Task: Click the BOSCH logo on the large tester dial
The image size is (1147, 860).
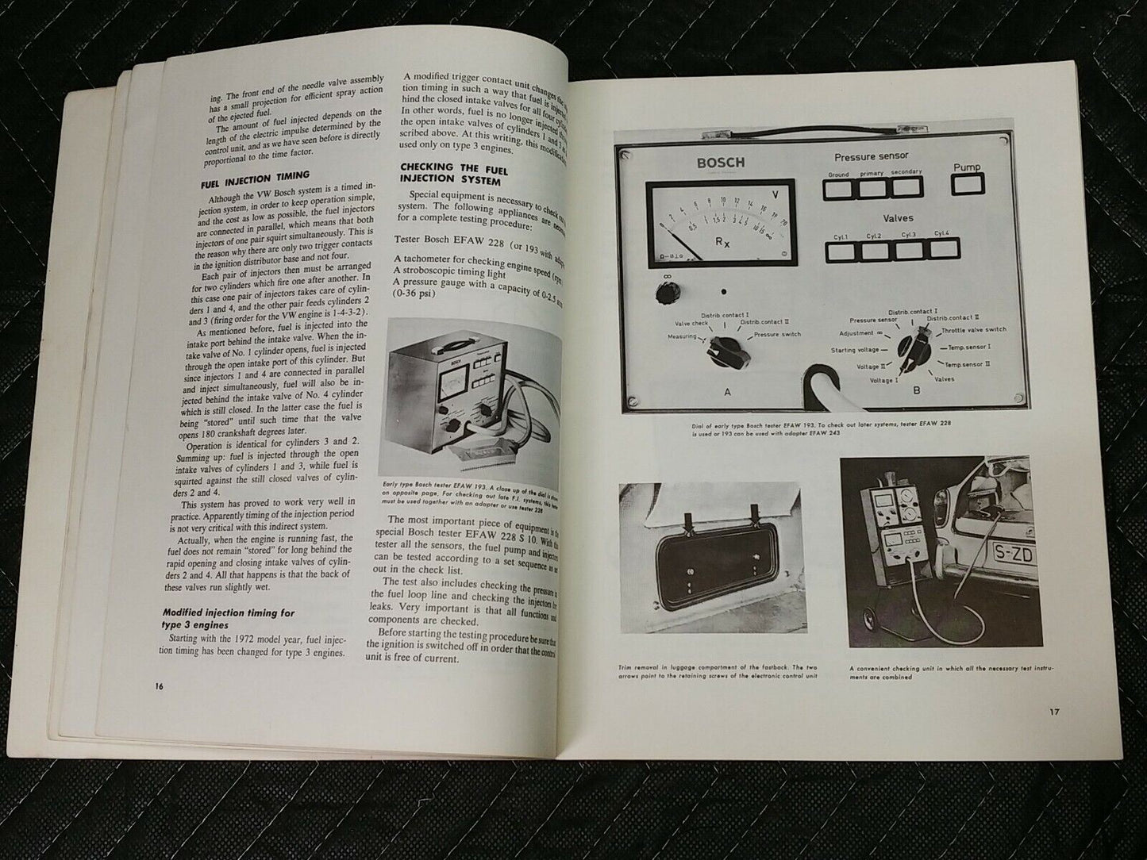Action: tap(721, 163)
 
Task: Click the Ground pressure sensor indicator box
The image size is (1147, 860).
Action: tap(838, 189)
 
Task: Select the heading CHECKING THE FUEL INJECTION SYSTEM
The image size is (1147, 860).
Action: tap(449, 172)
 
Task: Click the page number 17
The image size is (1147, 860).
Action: tap(1053, 712)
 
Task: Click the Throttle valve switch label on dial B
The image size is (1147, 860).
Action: tap(973, 330)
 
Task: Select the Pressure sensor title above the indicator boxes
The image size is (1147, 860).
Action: tap(871, 156)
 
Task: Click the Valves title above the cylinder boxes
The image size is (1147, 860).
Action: tap(897, 217)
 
